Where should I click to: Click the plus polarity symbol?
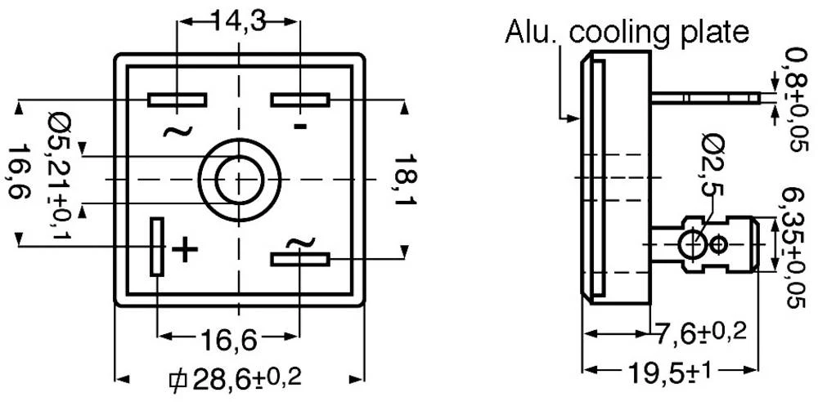point(187,248)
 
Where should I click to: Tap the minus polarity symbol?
point(300,126)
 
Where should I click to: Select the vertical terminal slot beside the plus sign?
point(156,246)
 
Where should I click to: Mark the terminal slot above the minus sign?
point(300,100)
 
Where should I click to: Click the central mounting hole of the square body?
point(237,179)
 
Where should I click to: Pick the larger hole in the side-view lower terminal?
point(692,243)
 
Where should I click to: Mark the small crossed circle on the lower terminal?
point(719,243)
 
